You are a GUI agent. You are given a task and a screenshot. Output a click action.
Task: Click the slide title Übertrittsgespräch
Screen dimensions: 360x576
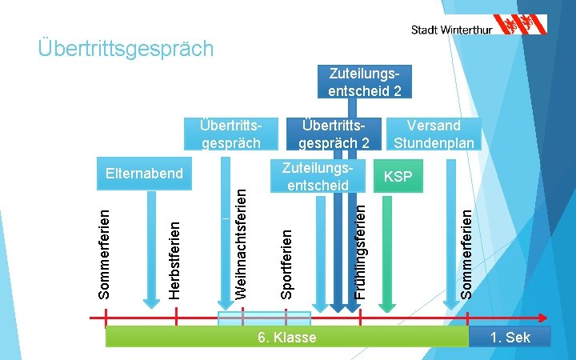(x=126, y=49)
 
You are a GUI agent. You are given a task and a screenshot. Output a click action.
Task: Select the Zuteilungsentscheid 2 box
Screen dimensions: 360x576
(x=364, y=82)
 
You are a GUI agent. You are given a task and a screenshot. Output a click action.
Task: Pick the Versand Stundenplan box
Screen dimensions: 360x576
(x=434, y=134)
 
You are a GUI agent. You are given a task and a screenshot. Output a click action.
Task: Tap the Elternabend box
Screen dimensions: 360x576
(x=144, y=174)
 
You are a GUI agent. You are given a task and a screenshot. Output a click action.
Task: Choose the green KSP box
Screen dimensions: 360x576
(x=398, y=175)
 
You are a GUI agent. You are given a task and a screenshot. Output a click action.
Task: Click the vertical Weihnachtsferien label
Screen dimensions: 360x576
(x=241, y=240)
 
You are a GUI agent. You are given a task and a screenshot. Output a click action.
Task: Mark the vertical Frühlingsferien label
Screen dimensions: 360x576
(x=361, y=250)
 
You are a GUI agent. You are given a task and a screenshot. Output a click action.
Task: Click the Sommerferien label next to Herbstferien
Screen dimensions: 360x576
(x=104, y=253)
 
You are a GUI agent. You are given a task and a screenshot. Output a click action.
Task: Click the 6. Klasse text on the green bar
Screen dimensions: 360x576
(x=287, y=338)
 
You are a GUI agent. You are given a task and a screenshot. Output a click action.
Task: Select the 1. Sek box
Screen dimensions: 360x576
(x=510, y=337)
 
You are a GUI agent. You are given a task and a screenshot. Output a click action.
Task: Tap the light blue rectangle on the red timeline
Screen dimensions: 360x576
(x=264, y=318)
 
